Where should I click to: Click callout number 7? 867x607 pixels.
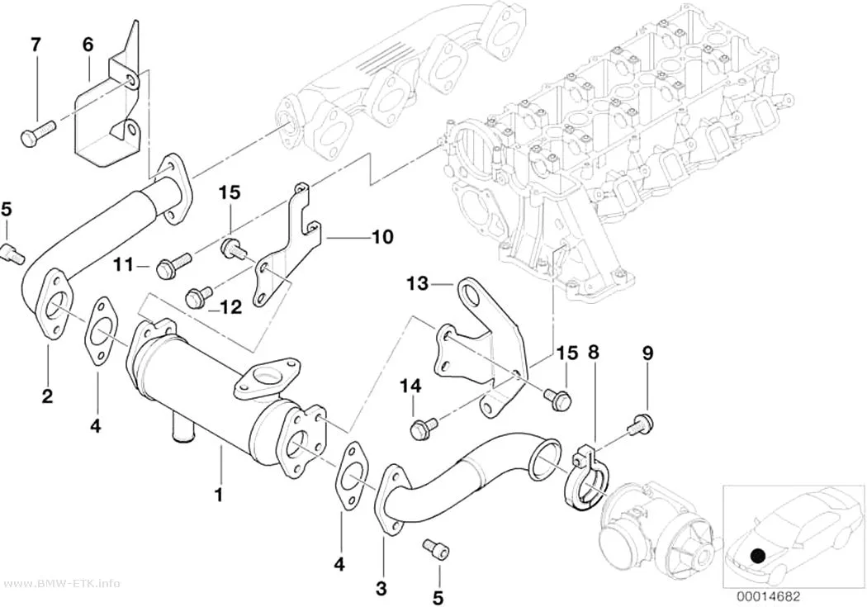[36, 45]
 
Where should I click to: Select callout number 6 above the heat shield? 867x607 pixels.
[88, 45]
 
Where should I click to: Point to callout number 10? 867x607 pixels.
[383, 237]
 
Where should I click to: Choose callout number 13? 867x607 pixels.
[418, 284]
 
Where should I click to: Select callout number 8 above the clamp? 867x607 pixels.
[593, 352]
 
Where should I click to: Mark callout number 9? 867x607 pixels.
[647, 352]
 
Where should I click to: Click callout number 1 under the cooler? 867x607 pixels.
[219, 494]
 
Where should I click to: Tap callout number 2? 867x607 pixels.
[48, 396]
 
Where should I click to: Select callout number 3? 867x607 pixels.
[381, 588]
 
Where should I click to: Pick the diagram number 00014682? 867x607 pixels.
[767, 596]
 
